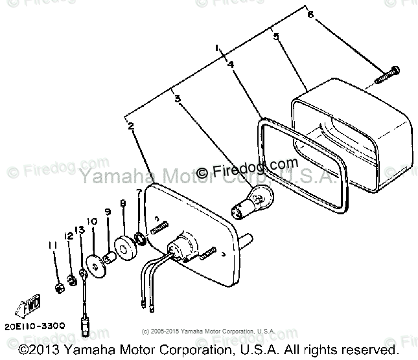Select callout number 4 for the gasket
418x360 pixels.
coord(231,64)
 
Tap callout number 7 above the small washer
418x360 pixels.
coord(138,192)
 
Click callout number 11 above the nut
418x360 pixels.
coord(52,245)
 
